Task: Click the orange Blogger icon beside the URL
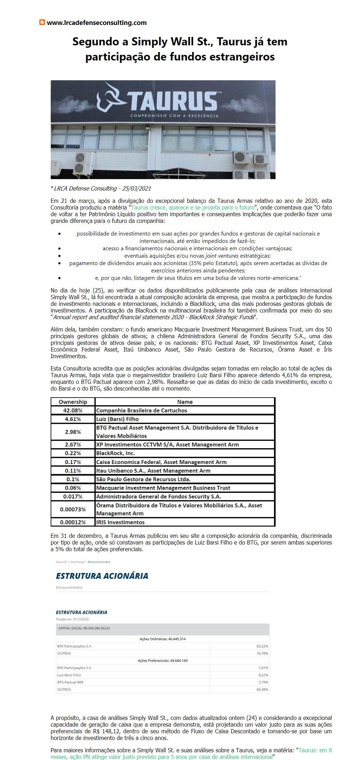tap(42, 22)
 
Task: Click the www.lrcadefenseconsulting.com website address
tap(97, 23)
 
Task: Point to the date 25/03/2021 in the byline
tap(137, 189)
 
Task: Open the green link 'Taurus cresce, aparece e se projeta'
tap(193, 207)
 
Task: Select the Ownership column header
tap(73, 402)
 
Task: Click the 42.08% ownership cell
tap(73, 411)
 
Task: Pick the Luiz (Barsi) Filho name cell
tap(117, 419)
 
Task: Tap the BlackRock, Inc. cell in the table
tap(116, 453)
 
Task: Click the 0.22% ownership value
tap(73, 453)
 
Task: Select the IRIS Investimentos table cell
tap(120, 522)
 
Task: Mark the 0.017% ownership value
tap(73, 497)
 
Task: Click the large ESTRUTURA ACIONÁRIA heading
tap(102, 576)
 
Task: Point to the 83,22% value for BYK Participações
tap(262, 646)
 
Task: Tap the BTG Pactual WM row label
tap(70, 682)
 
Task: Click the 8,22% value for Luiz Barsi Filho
tap(263, 675)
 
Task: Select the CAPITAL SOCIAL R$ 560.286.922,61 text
tap(84, 628)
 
